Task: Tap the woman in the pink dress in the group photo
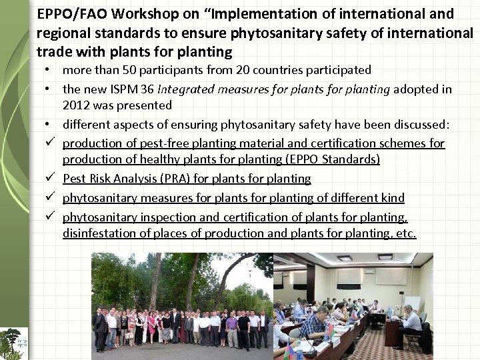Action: click(x=151, y=327)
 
